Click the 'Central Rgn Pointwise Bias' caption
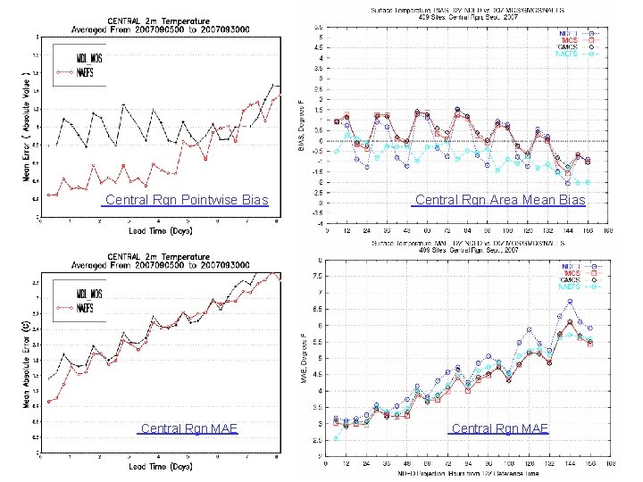tap(186, 199)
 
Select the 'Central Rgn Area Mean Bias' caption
tap(500, 200)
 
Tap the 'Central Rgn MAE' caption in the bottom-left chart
tap(188, 428)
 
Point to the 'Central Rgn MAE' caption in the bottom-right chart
tap(500, 428)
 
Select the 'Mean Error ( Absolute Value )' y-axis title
tap(24, 125)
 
